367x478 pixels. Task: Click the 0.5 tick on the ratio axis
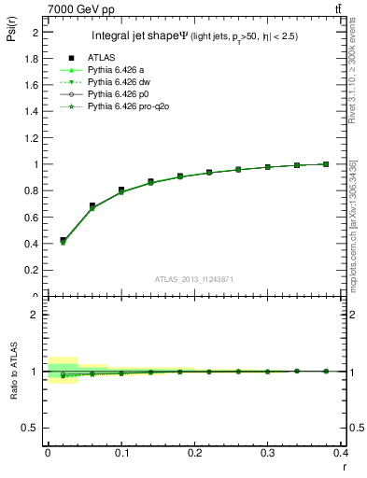33,428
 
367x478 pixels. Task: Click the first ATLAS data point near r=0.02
63,240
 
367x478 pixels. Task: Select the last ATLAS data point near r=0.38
326,164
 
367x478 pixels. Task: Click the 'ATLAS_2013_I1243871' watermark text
195,279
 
